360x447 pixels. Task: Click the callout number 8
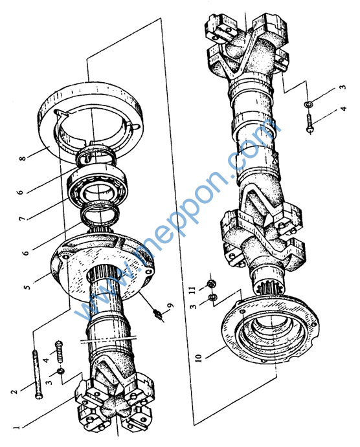[23, 157]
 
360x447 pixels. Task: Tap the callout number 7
[22, 219]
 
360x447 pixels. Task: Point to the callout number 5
[27, 286]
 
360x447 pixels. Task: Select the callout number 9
[170, 305]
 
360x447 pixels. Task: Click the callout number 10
[199, 358]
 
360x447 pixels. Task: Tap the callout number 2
[14, 392]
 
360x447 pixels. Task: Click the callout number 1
[16, 428]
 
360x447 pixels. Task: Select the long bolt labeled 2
[36, 374]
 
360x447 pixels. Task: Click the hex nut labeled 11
[211, 283]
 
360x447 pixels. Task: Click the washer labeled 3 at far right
[308, 104]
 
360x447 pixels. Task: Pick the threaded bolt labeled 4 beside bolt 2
[60, 352]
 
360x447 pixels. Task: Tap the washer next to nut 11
[212, 298]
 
